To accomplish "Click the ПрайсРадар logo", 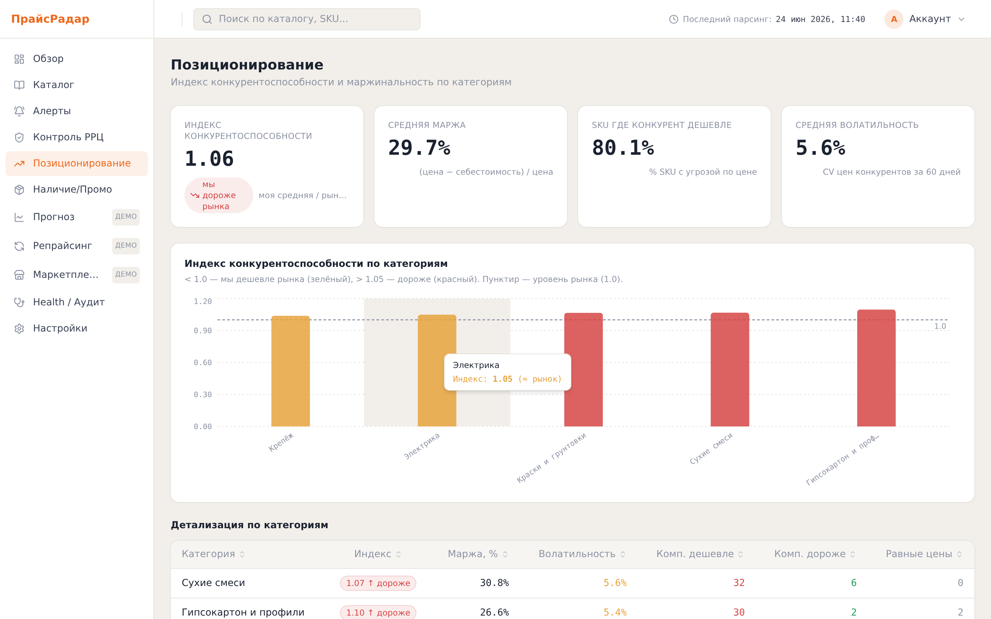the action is tap(50, 19).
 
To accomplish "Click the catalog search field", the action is tap(307, 19).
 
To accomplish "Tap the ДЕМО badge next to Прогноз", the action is tap(126, 217).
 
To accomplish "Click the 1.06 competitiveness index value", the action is tap(209, 159).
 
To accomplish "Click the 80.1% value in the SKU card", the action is tap(622, 148).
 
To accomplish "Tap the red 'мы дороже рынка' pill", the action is tap(219, 195).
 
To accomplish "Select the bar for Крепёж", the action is tap(290, 371).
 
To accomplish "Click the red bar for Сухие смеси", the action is tap(730, 370).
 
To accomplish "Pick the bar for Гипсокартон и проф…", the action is tap(876, 368).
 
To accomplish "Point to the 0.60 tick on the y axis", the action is tap(203, 363).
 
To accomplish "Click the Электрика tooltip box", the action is tap(508, 372).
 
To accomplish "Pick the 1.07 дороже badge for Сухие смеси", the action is tap(378, 583).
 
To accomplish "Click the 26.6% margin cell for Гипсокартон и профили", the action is tap(494, 612).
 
